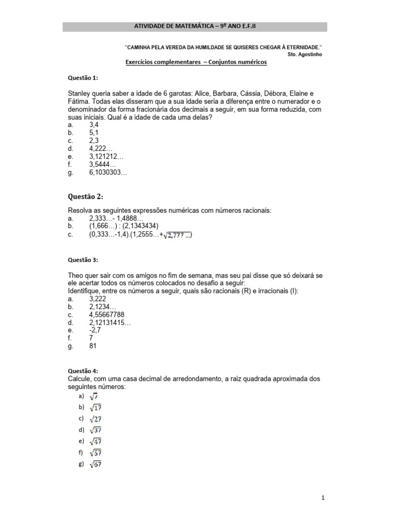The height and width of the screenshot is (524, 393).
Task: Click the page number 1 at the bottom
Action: [x=323, y=497]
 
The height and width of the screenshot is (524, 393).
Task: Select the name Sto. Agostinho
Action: [x=305, y=54]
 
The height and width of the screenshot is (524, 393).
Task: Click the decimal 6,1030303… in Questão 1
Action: [x=108, y=173]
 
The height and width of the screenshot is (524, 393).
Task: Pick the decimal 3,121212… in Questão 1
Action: [x=106, y=157]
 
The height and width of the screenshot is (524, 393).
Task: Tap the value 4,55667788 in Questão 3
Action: [x=106, y=314]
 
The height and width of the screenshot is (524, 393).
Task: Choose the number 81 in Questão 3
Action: [x=93, y=346]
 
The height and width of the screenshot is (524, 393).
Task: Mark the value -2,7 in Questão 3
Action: [x=96, y=330]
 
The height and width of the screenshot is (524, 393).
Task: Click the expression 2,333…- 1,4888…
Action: [x=116, y=218]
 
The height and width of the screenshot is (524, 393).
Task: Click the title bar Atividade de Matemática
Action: [x=194, y=27]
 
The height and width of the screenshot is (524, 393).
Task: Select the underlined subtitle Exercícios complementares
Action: [x=196, y=62]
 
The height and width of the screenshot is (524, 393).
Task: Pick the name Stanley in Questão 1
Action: [x=80, y=93]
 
